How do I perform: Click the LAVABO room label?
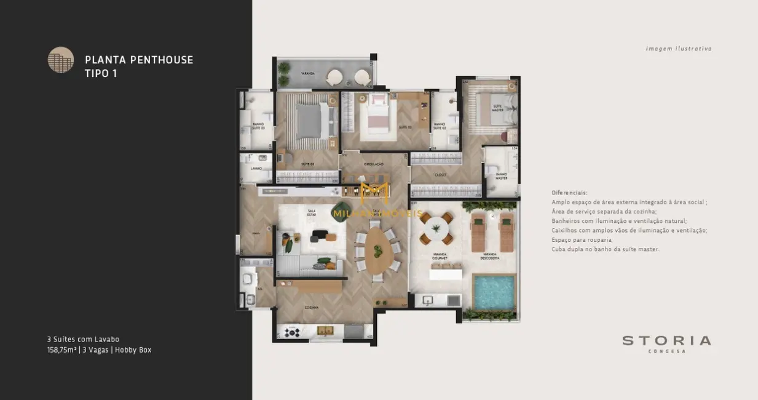(x=256, y=169)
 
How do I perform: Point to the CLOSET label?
(x=440, y=175)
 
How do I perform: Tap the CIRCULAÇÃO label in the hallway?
(x=373, y=164)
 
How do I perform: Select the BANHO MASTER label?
(x=501, y=177)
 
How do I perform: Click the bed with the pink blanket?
(x=377, y=114)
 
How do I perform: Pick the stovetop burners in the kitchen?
(x=292, y=332)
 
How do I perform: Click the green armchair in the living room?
(x=288, y=245)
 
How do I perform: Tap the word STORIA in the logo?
(x=666, y=340)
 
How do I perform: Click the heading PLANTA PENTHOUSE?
(x=139, y=60)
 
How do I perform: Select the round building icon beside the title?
(x=61, y=60)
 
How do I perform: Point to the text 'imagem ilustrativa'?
(x=679, y=49)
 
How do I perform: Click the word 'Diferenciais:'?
(x=569, y=193)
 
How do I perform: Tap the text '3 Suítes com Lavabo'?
(x=83, y=339)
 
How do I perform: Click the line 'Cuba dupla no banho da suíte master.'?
(x=606, y=249)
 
